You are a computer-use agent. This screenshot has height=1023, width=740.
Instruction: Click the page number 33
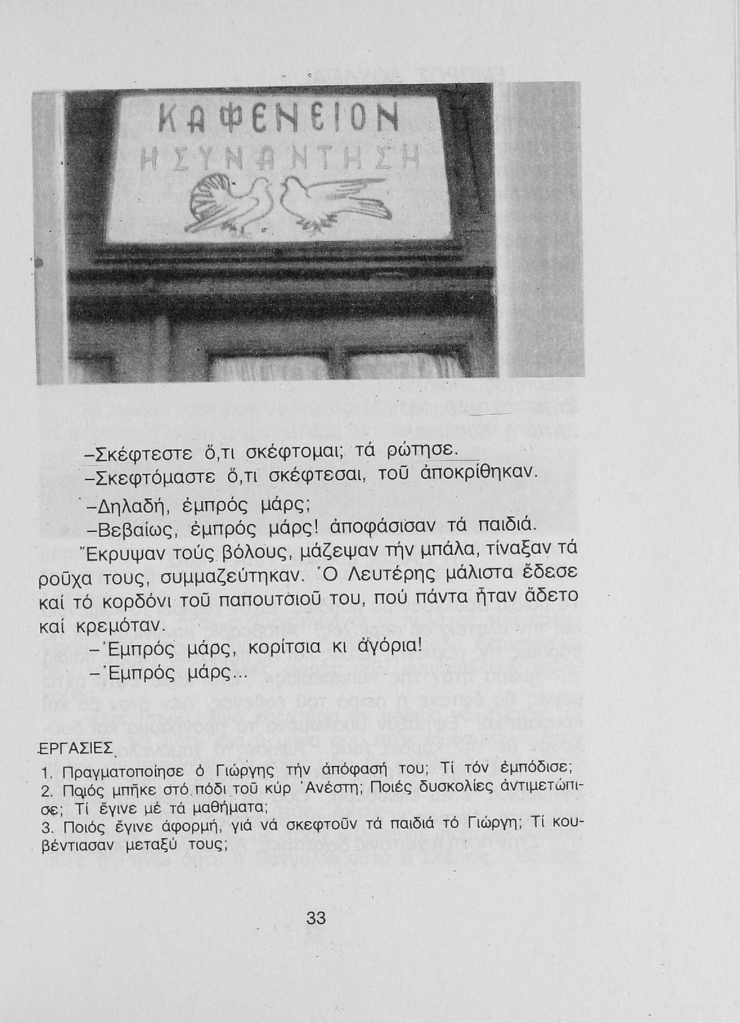click(316, 918)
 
